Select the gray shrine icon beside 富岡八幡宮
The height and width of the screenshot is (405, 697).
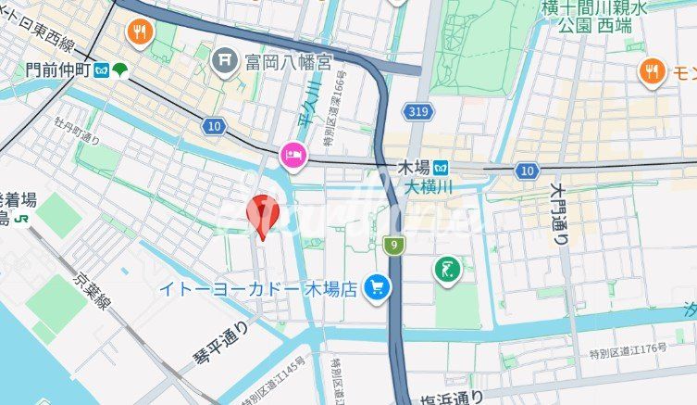[x=224, y=62]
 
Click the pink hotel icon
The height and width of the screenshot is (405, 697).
[x=292, y=156]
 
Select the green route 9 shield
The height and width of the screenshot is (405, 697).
[x=394, y=245]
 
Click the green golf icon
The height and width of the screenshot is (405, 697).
[x=447, y=271]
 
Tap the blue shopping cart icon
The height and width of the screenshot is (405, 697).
[x=377, y=288]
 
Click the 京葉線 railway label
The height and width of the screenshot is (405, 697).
[x=91, y=282]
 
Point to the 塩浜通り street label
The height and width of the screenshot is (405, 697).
[x=450, y=398]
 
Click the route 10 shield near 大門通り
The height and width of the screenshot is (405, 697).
[x=528, y=171]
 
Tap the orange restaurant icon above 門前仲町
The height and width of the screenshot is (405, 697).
[x=141, y=32]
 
